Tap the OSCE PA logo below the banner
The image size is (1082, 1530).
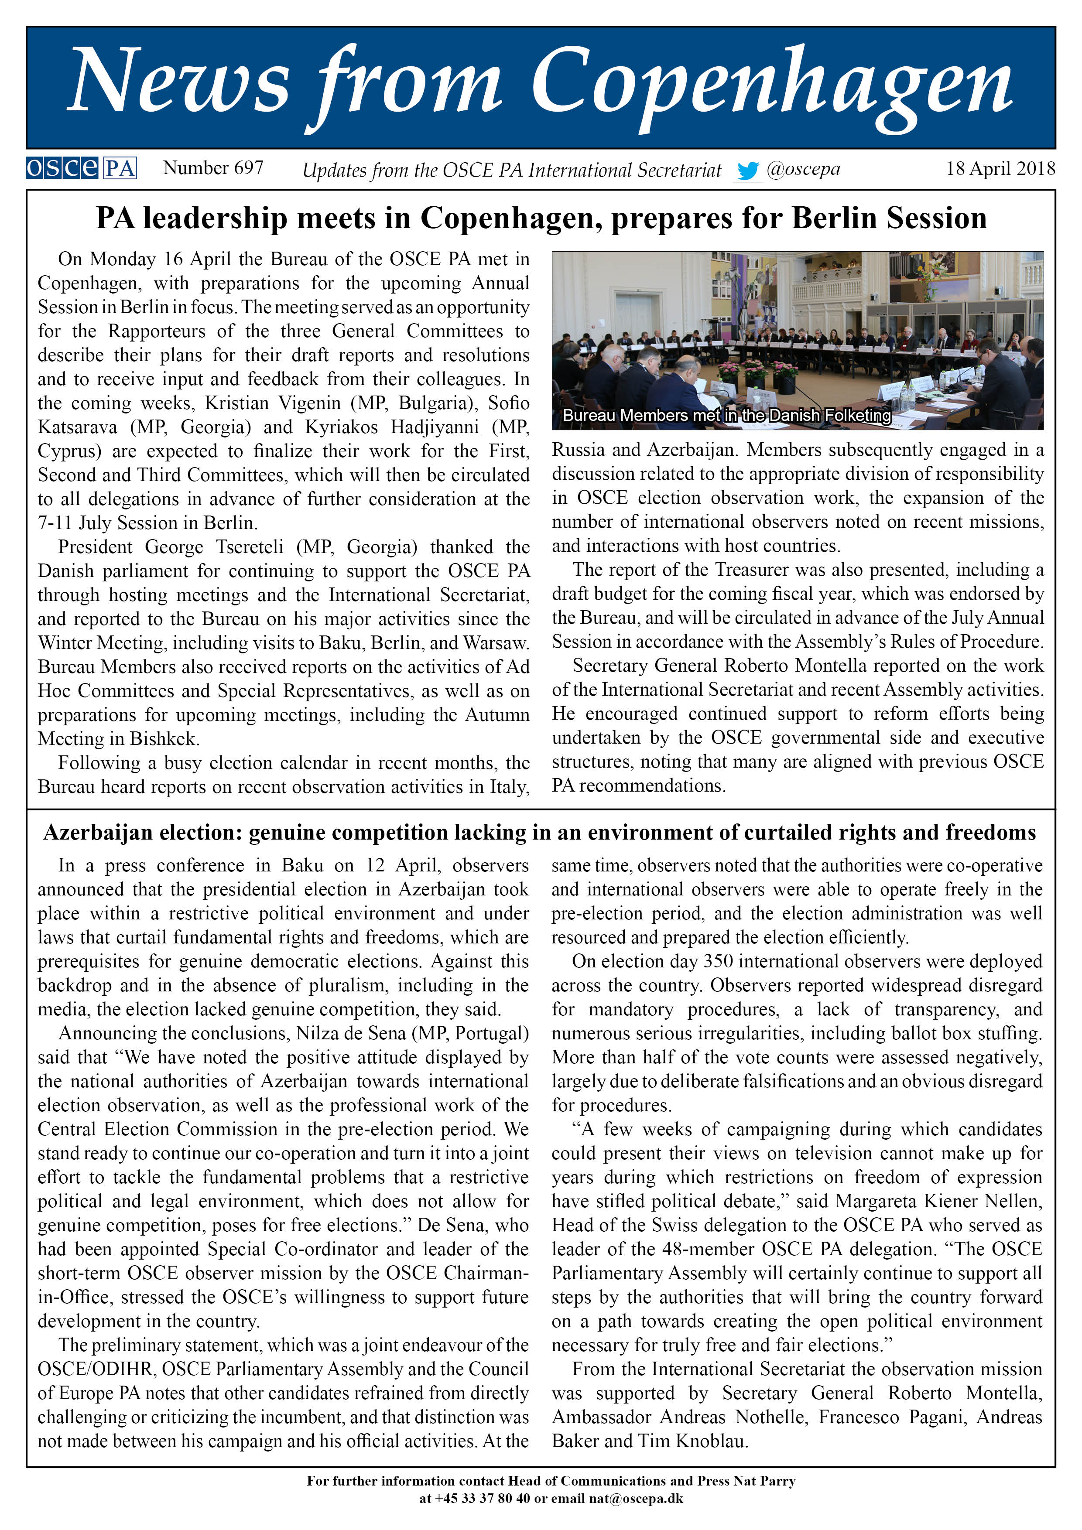pos(81,168)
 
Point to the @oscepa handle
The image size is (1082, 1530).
pos(803,169)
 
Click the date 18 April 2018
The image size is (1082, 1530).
pos(1000,169)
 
